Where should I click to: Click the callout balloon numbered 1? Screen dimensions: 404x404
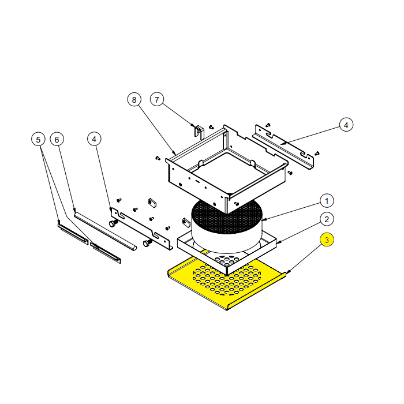pyautogui.click(x=327, y=201)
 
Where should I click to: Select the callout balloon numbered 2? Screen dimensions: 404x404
pyautogui.click(x=327, y=219)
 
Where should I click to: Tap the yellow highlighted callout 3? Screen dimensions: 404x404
pyautogui.click(x=327, y=240)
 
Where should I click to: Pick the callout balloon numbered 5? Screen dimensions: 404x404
pyautogui.click(x=38, y=140)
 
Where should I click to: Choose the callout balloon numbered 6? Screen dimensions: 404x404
pyautogui.click(x=57, y=140)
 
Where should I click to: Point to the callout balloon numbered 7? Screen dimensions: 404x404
pyautogui.click(x=156, y=99)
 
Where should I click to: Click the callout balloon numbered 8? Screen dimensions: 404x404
pyautogui.click(x=134, y=100)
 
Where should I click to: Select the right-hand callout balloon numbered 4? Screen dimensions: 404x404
pyautogui.click(x=346, y=125)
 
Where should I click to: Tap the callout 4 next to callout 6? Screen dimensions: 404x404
pyautogui.click(x=94, y=139)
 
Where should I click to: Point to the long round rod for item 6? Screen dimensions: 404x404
pyautogui.click(x=106, y=231)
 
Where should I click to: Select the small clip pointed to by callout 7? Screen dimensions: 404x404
pyautogui.click(x=199, y=132)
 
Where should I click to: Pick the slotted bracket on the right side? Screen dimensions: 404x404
pyautogui.click(x=283, y=147)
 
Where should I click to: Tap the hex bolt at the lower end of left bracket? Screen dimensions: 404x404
pyautogui.click(x=147, y=243)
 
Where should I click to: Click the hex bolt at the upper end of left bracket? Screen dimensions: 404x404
pyautogui.click(x=114, y=223)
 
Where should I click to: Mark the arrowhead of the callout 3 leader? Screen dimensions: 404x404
pyautogui.click(x=288, y=272)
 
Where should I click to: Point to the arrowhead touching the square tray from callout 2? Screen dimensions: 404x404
pyautogui.click(x=278, y=242)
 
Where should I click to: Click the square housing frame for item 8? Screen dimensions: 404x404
pyautogui.click(x=227, y=169)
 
